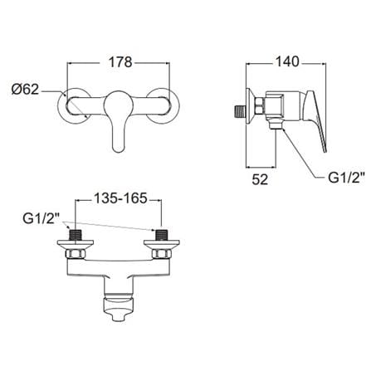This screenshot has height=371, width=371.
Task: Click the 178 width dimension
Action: (x=120, y=62)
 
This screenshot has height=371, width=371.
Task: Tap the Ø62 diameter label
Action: (x=26, y=90)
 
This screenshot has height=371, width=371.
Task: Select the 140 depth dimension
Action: (x=286, y=61)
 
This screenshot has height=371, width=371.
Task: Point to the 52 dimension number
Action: (x=260, y=179)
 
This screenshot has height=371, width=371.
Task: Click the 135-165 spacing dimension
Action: (x=120, y=198)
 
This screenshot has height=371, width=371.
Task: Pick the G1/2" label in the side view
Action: (x=346, y=178)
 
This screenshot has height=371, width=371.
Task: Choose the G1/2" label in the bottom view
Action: (x=41, y=219)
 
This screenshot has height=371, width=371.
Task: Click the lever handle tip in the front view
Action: (x=119, y=147)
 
